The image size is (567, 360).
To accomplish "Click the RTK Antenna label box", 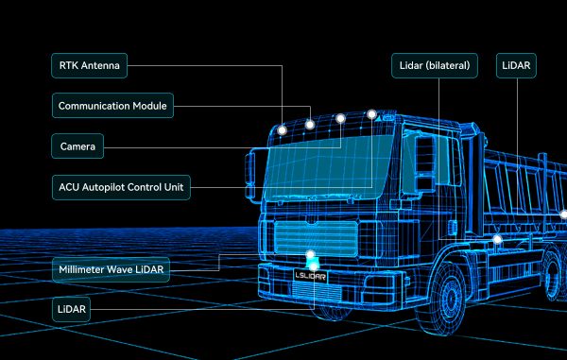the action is click(90, 66).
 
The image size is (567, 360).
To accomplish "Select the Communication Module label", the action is click(112, 107).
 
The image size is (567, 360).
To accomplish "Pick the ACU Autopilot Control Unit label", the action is click(121, 188).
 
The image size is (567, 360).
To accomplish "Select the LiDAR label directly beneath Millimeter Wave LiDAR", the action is click(69, 309).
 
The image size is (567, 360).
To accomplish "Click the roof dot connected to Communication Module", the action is click(310, 123).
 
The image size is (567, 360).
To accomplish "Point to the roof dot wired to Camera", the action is click(340, 119).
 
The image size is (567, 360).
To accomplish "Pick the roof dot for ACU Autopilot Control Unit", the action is click(372, 113).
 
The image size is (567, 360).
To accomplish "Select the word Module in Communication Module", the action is click(147, 107).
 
